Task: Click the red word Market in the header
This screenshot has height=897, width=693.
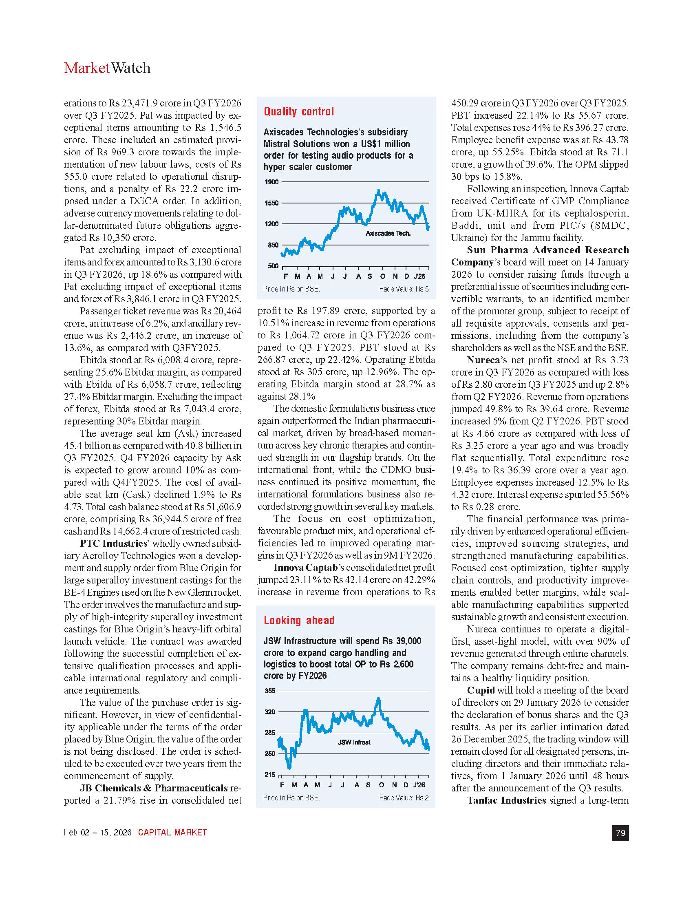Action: (86, 68)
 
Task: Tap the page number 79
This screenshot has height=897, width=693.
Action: (620, 833)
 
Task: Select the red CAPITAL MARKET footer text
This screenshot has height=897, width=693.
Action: (172, 833)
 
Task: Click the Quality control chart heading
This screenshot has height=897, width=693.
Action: (299, 112)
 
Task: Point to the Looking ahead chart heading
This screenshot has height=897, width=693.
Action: (299, 620)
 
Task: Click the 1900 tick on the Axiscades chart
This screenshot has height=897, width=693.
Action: (272, 182)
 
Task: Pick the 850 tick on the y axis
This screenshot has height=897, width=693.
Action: (273, 245)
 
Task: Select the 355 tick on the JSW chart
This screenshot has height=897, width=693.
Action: (270, 691)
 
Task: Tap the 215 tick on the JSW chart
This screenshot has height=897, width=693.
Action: (270, 775)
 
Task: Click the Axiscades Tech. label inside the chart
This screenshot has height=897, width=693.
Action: (388, 233)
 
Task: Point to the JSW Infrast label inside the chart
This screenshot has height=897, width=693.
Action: (354, 742)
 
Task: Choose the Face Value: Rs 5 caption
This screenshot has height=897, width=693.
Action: (404, 289)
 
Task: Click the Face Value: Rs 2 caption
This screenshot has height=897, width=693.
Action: (404, 798)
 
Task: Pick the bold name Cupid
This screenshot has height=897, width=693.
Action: (481, 690)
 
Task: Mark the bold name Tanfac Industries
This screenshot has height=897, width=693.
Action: (507, 800)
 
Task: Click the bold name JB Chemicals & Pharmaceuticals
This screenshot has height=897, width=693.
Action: (154, 788)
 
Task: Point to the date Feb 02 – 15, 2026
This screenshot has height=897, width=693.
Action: (98, 833)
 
